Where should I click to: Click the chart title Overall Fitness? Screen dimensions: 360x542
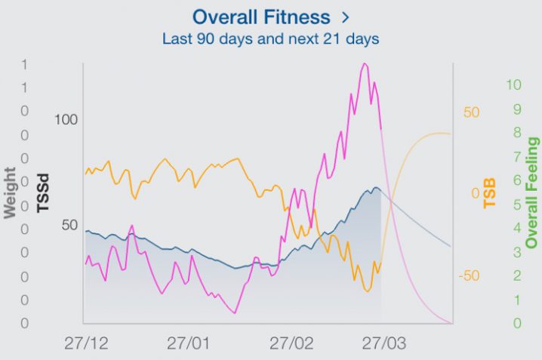[x=261, y=17]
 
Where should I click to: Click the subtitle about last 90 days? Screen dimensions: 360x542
[x=270, y=37]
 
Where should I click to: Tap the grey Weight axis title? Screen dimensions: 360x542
[x=11, y=192]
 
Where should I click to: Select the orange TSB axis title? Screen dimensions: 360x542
[x=491, y=193]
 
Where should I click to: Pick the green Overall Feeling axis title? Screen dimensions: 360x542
[x=533, y=193]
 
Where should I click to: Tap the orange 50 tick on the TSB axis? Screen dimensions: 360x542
[x=472, y=112]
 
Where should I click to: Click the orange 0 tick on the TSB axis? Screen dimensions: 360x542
[x=476, y=193]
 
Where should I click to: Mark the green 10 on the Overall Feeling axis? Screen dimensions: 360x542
[x=514, y=85]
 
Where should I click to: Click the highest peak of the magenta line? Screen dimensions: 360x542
[x=365, y=64]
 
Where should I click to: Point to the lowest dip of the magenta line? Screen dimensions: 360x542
[x=236, y=312]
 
